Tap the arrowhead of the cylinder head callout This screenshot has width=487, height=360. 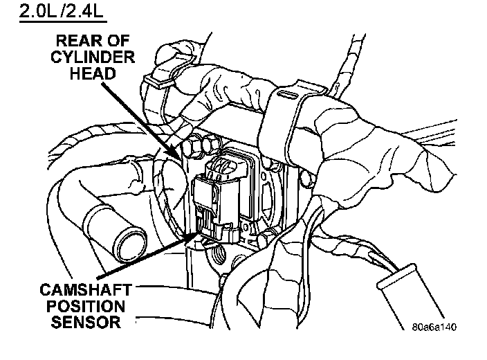coord(181,161)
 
